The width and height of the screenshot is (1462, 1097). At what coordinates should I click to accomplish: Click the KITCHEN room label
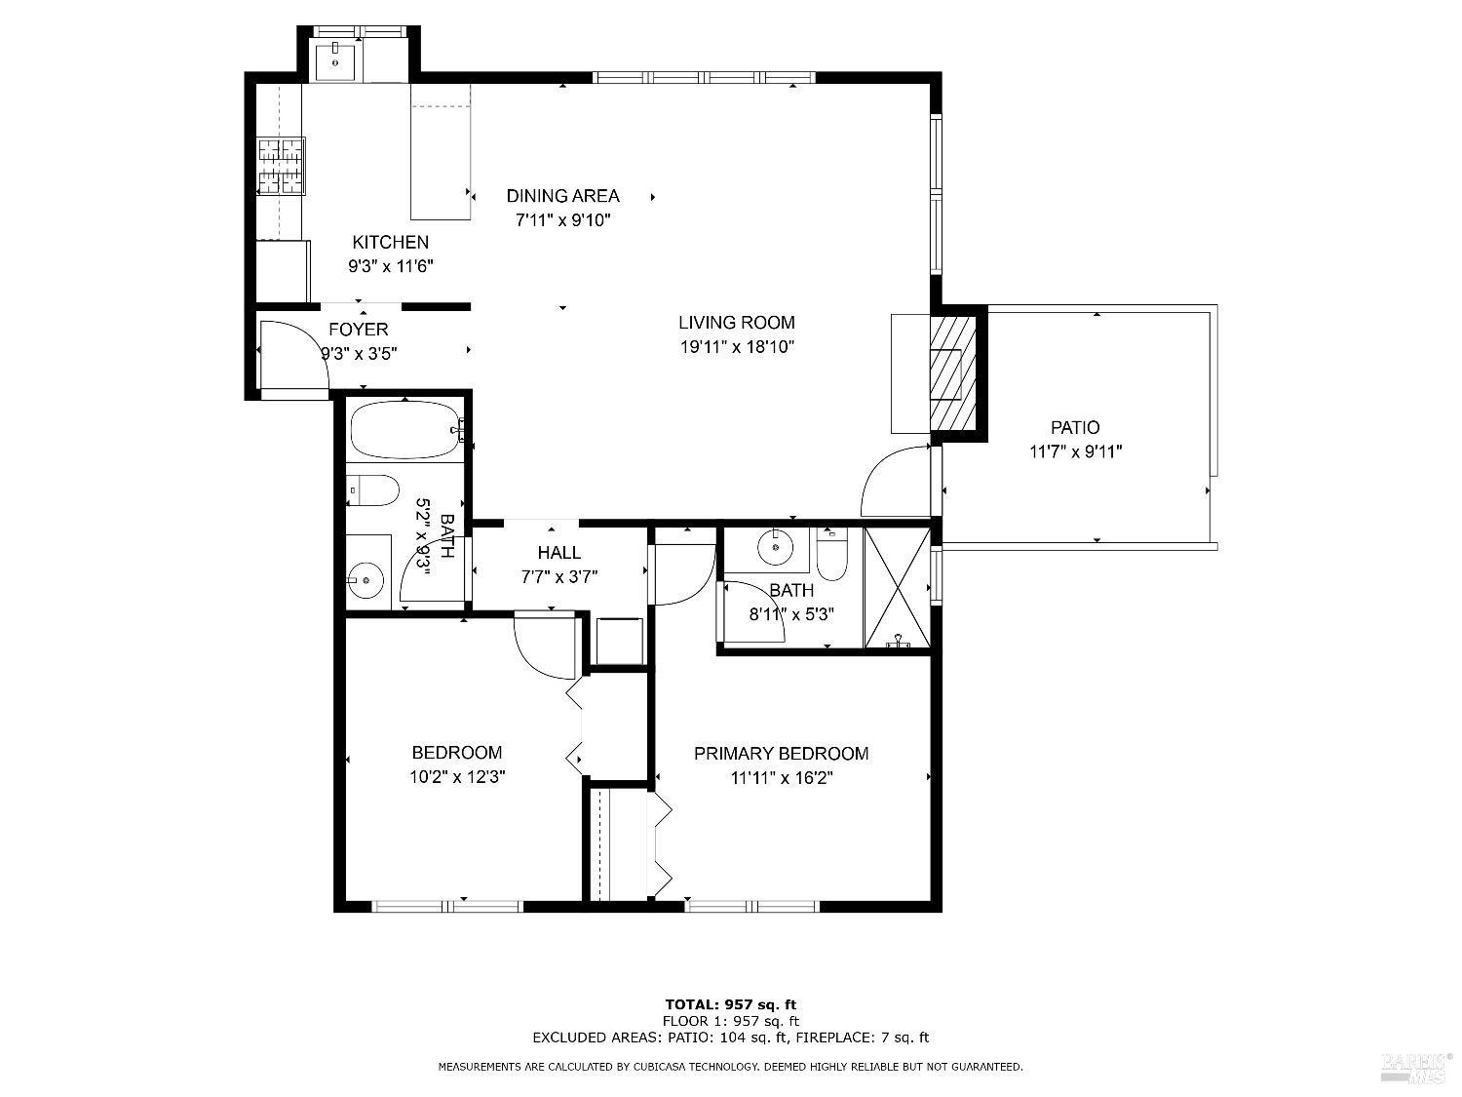[x=390, y=243]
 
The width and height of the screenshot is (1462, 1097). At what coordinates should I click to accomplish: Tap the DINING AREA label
[x=562, y=196]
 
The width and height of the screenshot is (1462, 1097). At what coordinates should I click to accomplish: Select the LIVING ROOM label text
[x=736, y=323]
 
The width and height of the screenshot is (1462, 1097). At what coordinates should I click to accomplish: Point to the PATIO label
[x=1075, y=427]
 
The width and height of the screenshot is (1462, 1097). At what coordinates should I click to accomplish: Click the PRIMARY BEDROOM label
[x=781, y=754]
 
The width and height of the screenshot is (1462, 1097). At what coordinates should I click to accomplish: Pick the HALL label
[x=558, y=553]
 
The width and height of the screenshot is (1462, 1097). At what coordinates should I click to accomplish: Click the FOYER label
[x=358, y=330]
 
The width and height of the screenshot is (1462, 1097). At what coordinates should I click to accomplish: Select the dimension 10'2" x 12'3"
[x=456, y=777]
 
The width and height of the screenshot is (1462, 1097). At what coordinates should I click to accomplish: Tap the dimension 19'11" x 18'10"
[x=736, y=346]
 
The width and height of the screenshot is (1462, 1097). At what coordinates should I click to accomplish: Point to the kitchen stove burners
[x=280, y=166]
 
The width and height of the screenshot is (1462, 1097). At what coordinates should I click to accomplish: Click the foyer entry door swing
[x=292, y=356]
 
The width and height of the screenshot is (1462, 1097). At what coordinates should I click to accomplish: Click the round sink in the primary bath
[x=776, y=548]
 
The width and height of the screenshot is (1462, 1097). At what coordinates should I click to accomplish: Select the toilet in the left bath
[x=372, y=490]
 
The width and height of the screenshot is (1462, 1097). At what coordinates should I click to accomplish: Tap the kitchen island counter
[x=441, y=151]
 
